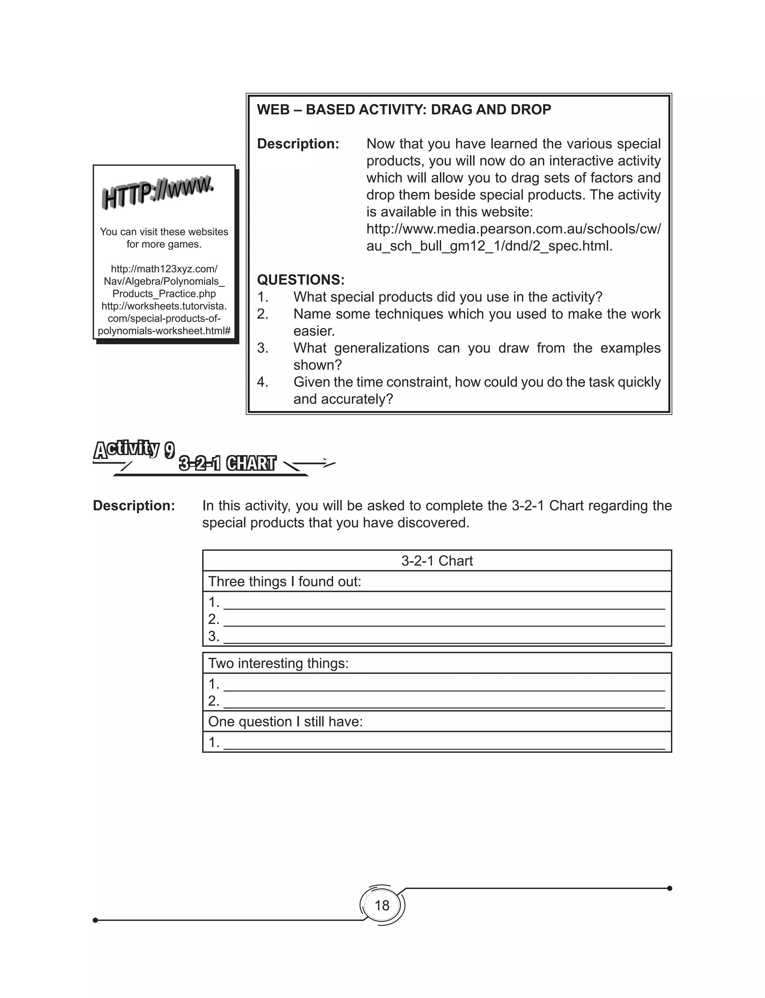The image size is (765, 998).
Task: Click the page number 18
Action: click(x=382, y=905)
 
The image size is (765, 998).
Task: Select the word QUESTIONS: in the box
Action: click(x=301, y=279)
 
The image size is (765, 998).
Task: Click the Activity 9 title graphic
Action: click(x=134, y=449)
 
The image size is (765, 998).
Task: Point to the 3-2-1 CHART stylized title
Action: click(x=227, y=463)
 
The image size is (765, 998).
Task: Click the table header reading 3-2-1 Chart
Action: click(x=437, y=561)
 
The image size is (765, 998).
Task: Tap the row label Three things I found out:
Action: click(x=285, y=581)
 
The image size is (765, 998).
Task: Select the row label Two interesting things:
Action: click(x=278, y=663)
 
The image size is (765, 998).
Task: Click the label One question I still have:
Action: click(x=285, y=721)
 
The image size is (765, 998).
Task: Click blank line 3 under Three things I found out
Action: click(x=444, y=637)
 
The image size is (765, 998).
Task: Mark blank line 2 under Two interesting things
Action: click(x=444, y=702)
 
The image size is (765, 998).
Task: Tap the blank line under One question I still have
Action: click(x=444, y=743)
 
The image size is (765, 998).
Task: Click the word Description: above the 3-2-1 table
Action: click(x=134, y=506)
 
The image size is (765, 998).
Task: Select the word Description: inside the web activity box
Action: click(x=298, y=144)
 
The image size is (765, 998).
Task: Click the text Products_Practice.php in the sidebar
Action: click(x=164, y=294)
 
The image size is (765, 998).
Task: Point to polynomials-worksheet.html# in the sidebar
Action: click(x=164, y=331)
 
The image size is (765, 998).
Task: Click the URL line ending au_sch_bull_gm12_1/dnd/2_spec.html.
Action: click(x=489, y=246)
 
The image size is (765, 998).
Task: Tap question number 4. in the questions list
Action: click(x=262, y=382)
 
